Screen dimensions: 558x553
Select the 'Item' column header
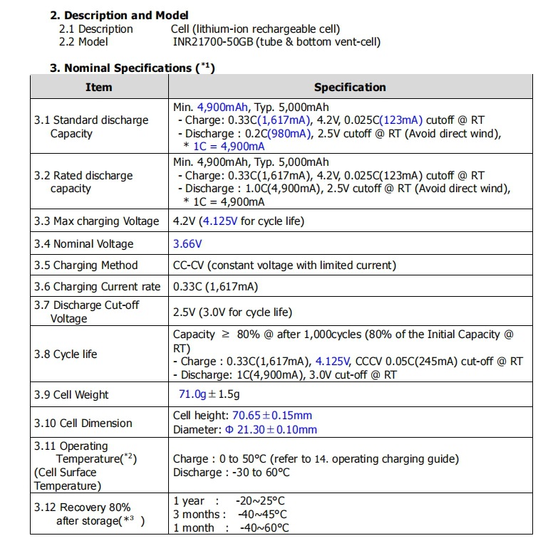point(98,87)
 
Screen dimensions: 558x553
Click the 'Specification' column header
point(350,87)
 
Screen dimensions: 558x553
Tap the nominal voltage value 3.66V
point(188,243)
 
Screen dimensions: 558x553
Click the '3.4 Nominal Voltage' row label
point(84,243)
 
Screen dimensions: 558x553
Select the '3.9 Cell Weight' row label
point(72,394)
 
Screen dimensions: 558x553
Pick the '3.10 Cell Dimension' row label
point(83,423)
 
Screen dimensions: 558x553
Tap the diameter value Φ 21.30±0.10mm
point(271,429)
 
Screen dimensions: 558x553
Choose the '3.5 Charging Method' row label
point(86,265)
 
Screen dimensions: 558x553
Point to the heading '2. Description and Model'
point(120,15)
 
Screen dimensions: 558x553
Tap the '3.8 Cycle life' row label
point(66,354)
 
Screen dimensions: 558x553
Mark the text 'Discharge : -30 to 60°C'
point(232,473)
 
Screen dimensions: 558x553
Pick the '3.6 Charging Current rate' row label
point(97,286)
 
